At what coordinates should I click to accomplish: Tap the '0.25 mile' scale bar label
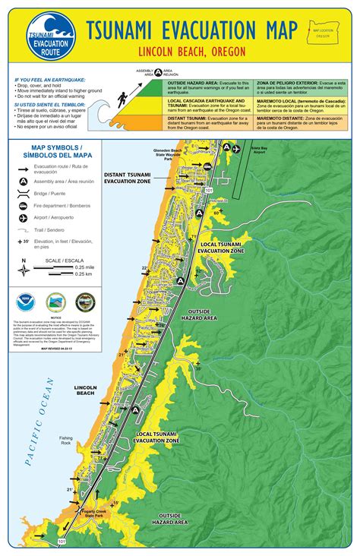click(84, 267)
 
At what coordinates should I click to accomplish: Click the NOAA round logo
click(24, 302)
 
